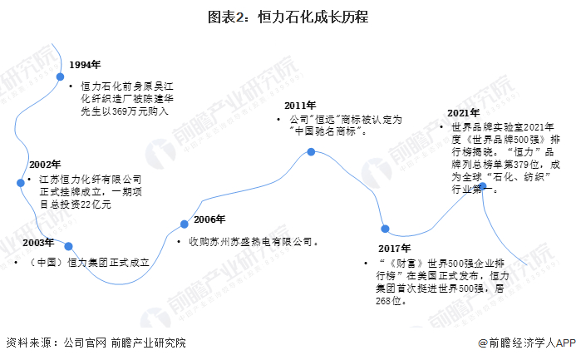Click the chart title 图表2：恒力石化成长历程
pos(288,16)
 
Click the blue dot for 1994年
pos(60,76)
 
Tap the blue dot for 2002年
pos(19,182)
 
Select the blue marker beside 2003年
pos(69,246)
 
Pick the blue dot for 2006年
pos(185,223)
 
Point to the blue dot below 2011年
pos(311,152)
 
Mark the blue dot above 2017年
pos(385,229)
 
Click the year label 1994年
pos(85,65)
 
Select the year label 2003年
pos(37,243)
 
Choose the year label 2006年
pos(209,219)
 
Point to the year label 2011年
pos(299,106)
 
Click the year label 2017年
pos(395,249)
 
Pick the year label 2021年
pos(463,113)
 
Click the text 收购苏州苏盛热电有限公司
pos(252,241)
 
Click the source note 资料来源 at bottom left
pos(30,343)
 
